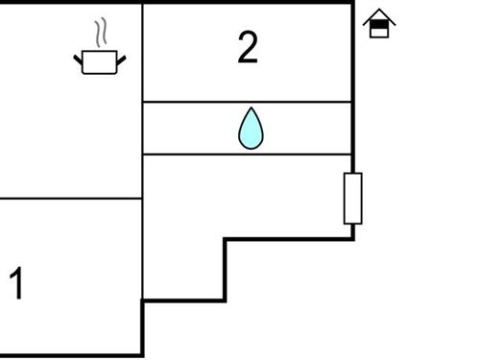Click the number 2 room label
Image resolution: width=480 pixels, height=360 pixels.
(248, 47)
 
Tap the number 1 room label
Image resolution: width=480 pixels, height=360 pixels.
(16, 284)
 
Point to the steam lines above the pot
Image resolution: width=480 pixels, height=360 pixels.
(100, 35)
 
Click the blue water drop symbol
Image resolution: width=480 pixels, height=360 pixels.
(251, 129)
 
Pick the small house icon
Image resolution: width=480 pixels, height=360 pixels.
(380, 24)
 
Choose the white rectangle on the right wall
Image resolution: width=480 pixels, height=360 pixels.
(353, 198)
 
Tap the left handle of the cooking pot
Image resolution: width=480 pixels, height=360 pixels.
(79, 60)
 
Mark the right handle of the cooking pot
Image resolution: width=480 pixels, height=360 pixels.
(121, 60)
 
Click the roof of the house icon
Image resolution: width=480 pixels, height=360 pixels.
(380, 15)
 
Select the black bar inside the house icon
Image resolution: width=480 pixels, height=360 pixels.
(380, 24)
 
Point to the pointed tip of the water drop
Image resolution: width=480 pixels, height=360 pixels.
(251, 109)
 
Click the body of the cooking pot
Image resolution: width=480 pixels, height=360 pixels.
(100, 63)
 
